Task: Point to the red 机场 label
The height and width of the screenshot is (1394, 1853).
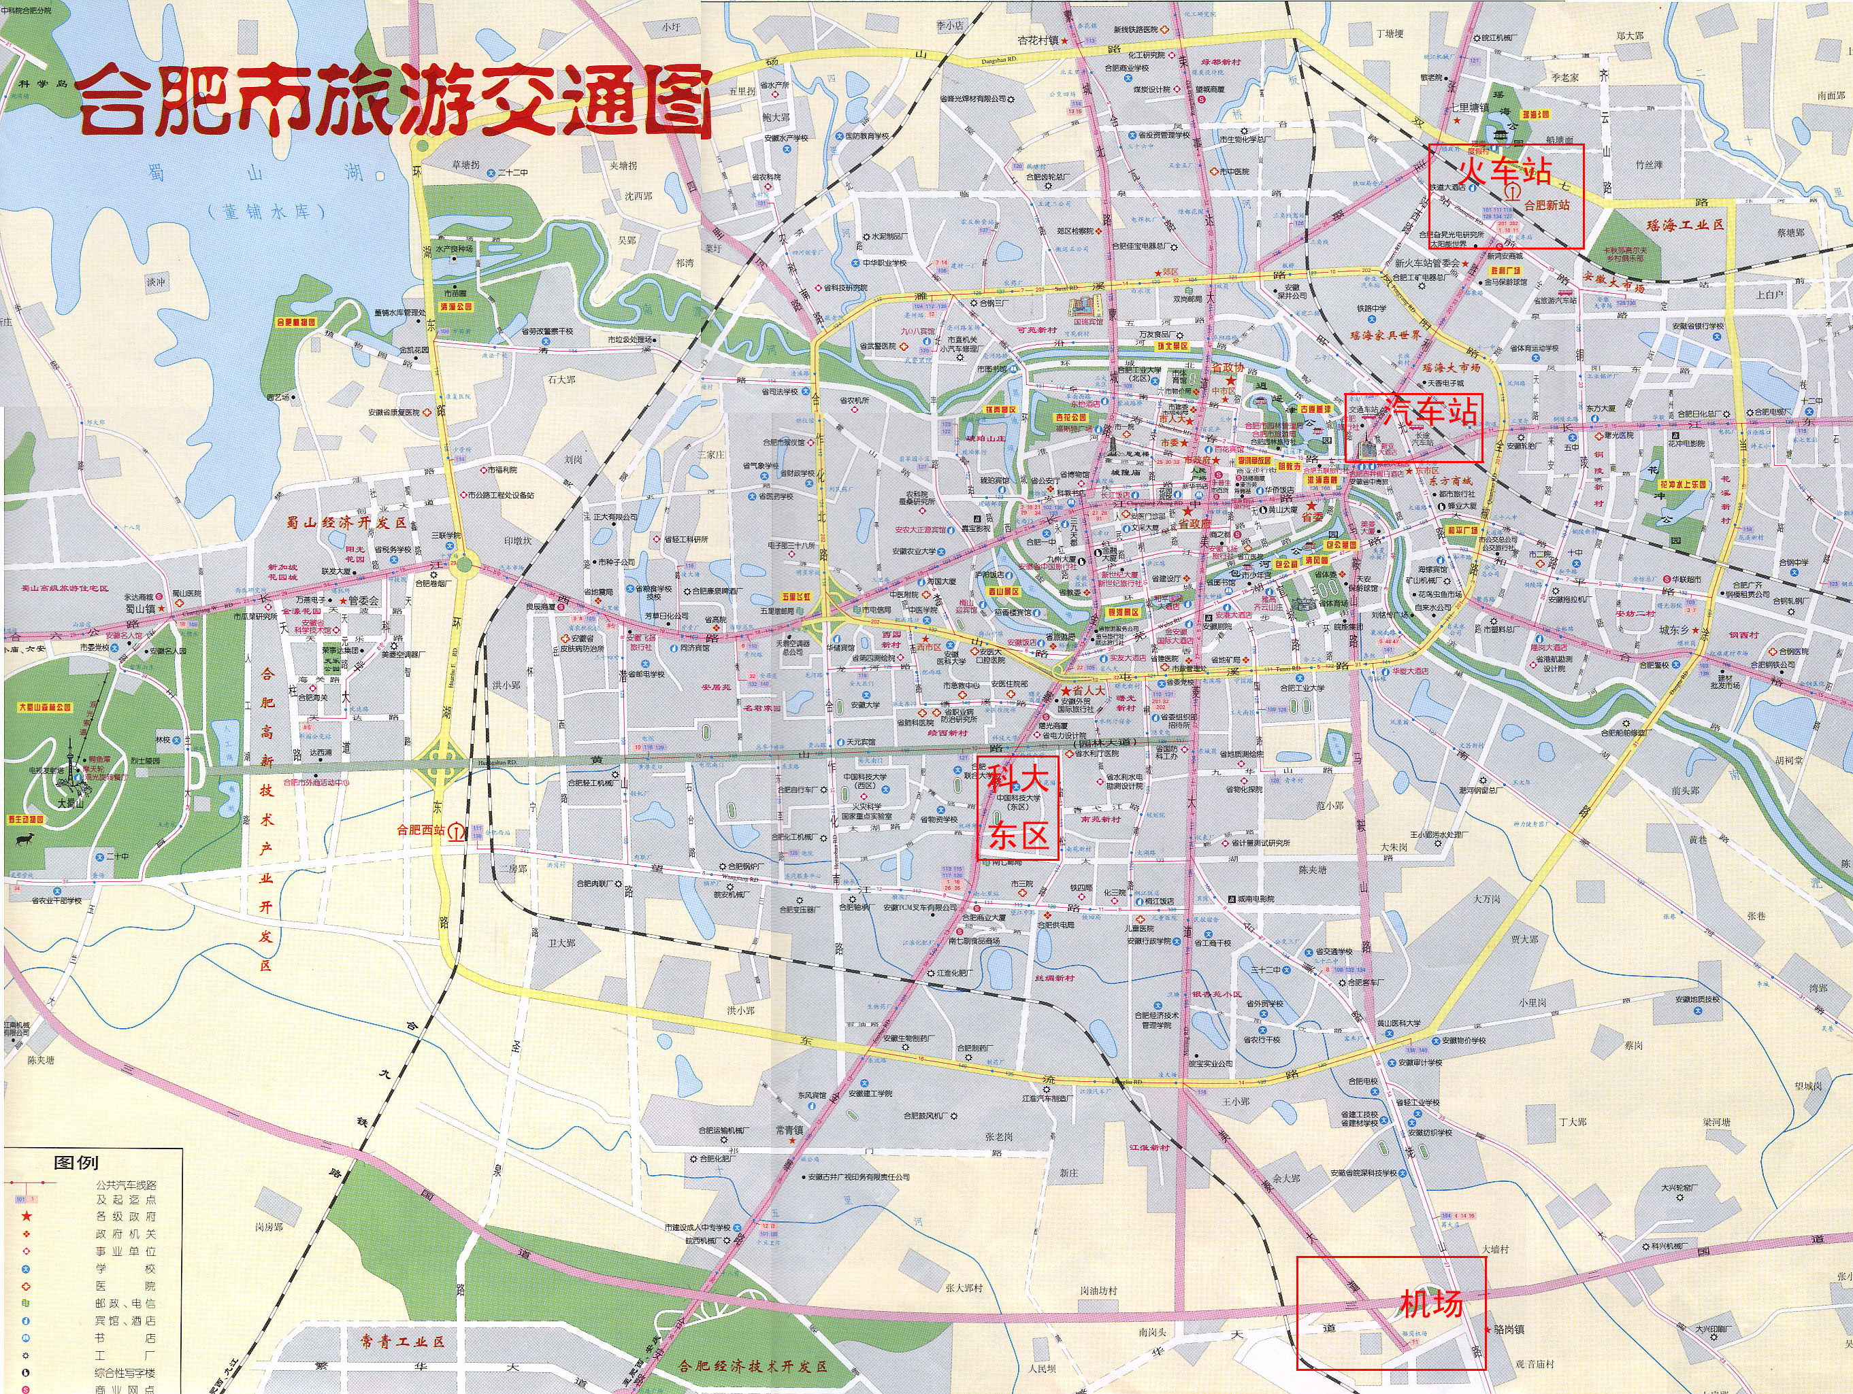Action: pos(1432,1304)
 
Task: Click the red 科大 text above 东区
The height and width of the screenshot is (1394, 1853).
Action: pos(1018,779)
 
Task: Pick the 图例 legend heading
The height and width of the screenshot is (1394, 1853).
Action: pos(76,1163)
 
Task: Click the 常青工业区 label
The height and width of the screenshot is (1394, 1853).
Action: pos(391,1340)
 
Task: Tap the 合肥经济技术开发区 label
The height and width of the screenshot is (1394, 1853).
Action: pos(754,1365)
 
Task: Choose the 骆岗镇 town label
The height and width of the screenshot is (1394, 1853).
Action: pos(1507,1329)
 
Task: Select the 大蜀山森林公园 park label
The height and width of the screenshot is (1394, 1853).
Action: pos(56,707)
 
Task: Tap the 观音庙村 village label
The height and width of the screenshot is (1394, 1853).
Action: pos(1534,1365)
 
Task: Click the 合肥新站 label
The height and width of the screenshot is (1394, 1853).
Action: pos(1546,205)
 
